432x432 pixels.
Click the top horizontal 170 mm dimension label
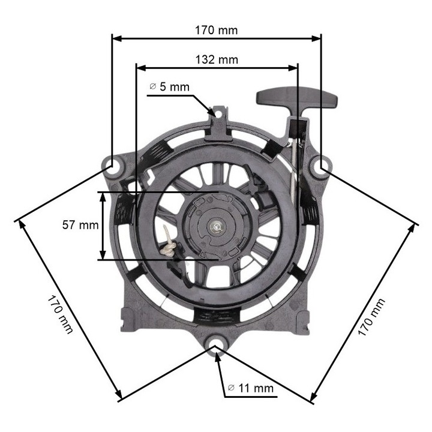216,29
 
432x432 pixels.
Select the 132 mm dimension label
217,59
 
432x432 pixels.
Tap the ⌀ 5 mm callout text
169,87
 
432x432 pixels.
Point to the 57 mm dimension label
80,225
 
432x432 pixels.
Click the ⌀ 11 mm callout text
251,388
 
